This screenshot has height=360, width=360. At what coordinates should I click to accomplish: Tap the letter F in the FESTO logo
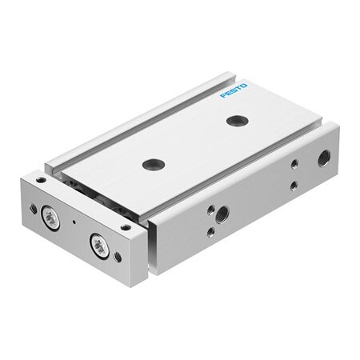[223, 95]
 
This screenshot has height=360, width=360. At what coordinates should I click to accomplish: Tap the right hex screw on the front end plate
[100, 246]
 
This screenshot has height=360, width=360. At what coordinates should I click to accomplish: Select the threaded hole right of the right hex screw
[118, 257]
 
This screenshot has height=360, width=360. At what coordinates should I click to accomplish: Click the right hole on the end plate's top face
[125, 227]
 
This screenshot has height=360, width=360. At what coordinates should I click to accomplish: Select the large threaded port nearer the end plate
[221, 214]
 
